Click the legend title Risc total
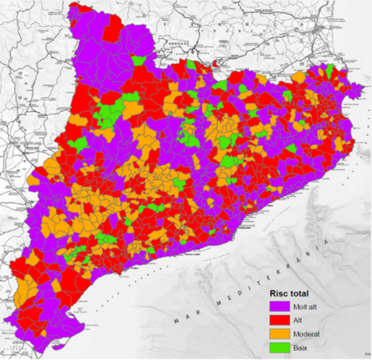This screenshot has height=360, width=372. (289, 294)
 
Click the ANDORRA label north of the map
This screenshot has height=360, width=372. (174, 44)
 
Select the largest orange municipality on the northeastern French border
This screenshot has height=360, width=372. (298, 77)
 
